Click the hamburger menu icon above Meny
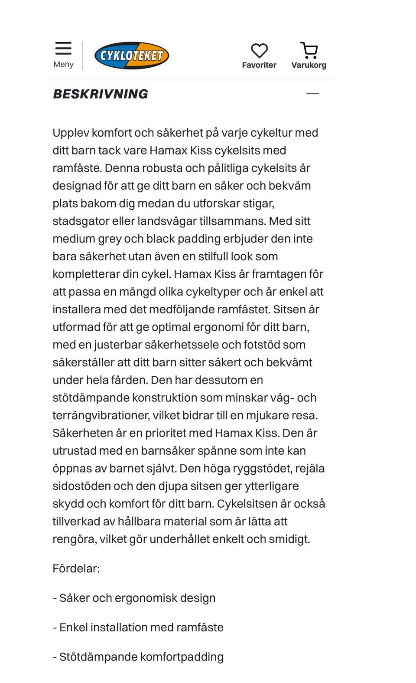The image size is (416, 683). [63, 48]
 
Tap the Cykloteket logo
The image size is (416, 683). [132, 56]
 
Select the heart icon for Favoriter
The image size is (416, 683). [259, 51]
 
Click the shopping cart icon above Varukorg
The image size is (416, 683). [309, 50]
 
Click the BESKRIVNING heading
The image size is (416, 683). [101, 94]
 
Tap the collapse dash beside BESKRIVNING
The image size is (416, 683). [312, 94]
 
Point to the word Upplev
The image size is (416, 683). [71, 133]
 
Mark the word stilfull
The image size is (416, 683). [213, 256]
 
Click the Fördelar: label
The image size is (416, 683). [76, 568]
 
